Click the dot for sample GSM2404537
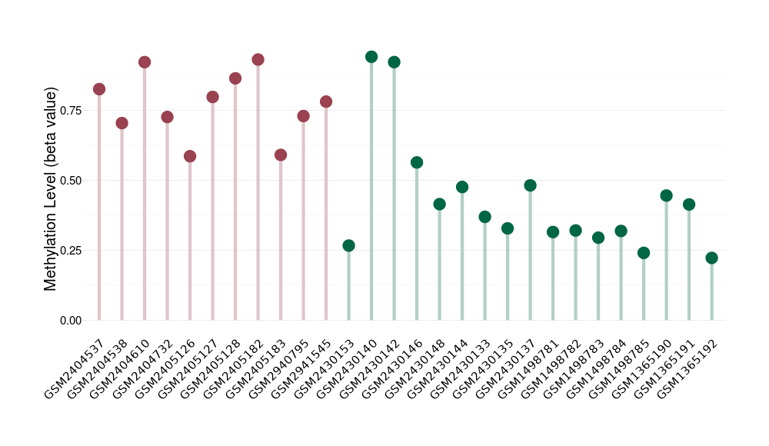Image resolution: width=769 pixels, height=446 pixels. tap(99, 89)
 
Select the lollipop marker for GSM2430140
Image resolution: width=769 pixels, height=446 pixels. tap(371, 57)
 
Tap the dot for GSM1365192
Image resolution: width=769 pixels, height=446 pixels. tap(711, 258)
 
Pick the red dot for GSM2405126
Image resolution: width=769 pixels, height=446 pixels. tap(190, 157)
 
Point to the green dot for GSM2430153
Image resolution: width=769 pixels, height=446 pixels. tap(348, 246)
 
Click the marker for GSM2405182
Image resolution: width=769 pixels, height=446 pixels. tap(258, 60)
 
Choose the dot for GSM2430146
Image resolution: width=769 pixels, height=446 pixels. tap(417, 163)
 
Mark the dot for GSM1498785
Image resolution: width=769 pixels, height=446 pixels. tap(644, 253)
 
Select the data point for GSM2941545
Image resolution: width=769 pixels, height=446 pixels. tap(326, 102)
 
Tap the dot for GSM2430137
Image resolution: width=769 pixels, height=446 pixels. tap(530, 186)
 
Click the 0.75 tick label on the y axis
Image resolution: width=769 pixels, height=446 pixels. tap(70, 111)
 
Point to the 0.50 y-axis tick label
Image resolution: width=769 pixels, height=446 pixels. tap(70, 181)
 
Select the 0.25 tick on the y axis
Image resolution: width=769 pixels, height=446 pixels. tap(70, 251)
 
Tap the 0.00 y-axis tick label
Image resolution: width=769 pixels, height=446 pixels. tap(70, 321)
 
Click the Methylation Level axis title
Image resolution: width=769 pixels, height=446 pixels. tap(51, 189)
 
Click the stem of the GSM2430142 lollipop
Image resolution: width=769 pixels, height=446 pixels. tap(394, 192)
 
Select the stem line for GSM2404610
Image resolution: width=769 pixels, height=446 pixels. tap(145, 192)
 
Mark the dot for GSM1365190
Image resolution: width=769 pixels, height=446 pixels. tap(666, 196)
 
